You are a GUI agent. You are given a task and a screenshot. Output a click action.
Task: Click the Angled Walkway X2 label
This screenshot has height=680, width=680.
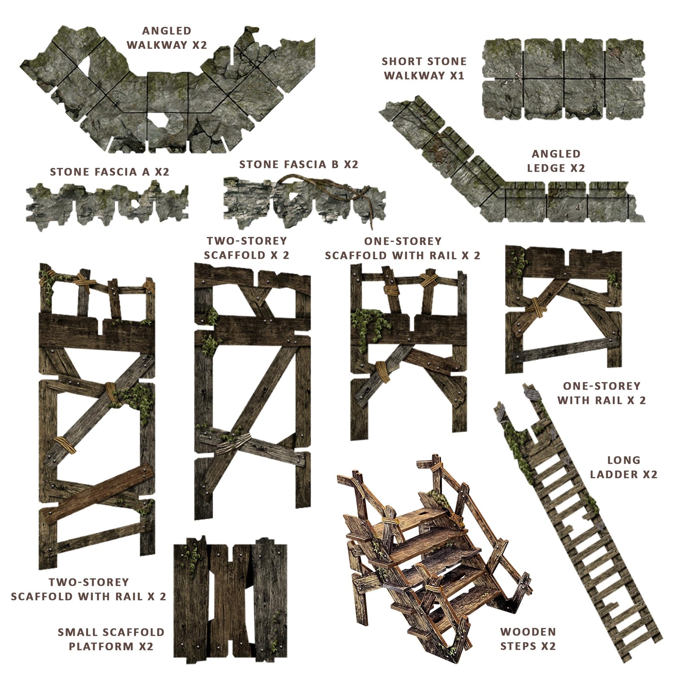[x=167, y=38]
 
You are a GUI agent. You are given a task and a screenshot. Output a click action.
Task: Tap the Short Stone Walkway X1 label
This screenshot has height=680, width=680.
[x=424, y=68]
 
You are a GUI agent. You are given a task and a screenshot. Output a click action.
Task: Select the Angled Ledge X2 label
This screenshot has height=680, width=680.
[x=556, y=161]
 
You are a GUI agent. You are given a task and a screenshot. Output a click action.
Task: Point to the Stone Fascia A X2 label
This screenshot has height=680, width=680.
[x=109, y=172]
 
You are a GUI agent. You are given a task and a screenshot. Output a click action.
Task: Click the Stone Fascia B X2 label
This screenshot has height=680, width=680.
[x=299, y=164]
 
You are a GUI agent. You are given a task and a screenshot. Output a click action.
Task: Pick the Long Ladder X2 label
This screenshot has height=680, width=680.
[x=624, y=467]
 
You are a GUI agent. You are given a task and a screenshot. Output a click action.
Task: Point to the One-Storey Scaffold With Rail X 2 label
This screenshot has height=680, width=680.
[x=403, y=248]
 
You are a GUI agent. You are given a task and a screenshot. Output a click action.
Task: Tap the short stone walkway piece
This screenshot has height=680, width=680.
[x=564, y=79]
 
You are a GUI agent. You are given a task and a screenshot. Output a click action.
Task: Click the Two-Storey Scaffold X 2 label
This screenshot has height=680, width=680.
[x=247, y=248]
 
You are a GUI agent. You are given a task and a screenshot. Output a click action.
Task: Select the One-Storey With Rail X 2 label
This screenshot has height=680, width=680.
[x=601, y=393]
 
